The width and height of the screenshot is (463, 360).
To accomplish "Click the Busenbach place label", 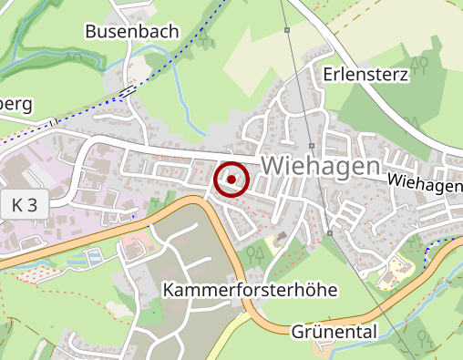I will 133,31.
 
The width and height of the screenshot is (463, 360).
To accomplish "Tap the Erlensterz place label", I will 365,74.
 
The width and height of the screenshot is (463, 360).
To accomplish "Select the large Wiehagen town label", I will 320,166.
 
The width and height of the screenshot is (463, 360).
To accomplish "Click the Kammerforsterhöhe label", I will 251,290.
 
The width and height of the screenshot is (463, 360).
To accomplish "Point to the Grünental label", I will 334,332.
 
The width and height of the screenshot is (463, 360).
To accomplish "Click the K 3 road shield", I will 26,206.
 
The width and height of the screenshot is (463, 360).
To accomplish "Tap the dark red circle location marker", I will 231,180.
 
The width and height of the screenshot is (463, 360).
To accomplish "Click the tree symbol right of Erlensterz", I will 419,65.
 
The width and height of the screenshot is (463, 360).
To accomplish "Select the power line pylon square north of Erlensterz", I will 286,31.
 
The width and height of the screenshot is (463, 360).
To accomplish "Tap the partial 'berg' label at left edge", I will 16,104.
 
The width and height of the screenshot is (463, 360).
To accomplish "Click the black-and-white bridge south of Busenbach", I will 128,90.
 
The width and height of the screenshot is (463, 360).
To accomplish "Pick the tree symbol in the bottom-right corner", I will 421,339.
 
